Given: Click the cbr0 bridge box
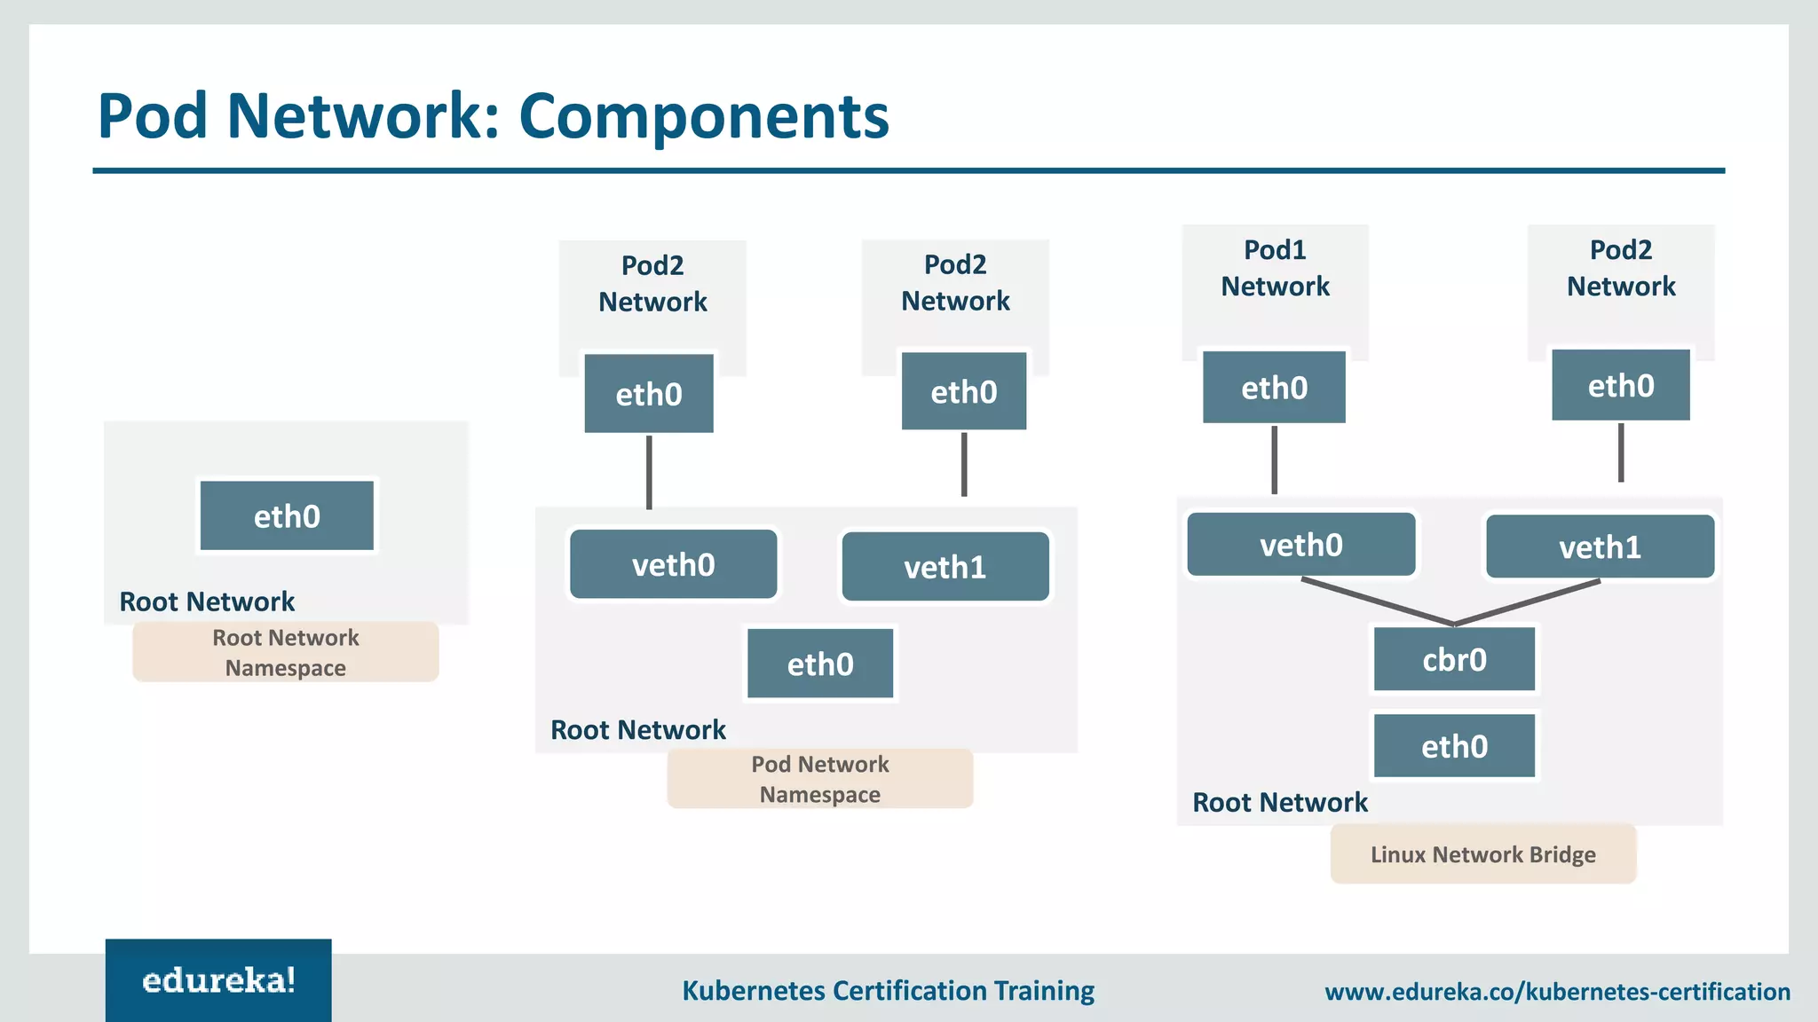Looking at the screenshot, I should pos(1454,659).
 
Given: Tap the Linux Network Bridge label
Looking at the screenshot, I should pos(1482,854).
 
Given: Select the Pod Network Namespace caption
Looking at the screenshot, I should pos(819,779).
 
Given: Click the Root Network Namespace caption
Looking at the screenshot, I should pos(285,652).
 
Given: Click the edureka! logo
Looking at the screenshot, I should pos(218,980).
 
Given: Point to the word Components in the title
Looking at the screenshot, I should pos(703,116).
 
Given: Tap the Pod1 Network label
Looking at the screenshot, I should pos(1275,268).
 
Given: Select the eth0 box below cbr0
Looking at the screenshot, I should pos(1454,746).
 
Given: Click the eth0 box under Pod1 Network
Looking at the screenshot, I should pos(1274,388).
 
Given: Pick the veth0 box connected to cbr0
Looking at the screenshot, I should pos(1300,545).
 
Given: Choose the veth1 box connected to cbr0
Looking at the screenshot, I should pos(1600,547).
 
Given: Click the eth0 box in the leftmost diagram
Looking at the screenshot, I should pos(287,516).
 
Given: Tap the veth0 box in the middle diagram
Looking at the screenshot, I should pos(673,564).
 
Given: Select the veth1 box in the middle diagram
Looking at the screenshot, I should pos(945,567).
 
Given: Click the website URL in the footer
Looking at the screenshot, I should pos(1557,992).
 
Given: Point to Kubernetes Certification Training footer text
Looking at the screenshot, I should pos(888,990).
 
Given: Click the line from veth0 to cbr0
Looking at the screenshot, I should pos(1376,601).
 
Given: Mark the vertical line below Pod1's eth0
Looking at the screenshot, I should pos(1274,460).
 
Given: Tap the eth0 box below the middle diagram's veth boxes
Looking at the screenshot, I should pos(819,664).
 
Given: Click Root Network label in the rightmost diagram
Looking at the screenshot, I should pos(1279,802).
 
